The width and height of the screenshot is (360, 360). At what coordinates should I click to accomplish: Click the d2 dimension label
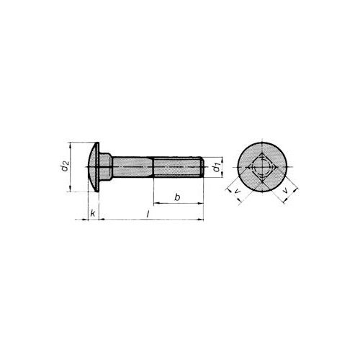65,166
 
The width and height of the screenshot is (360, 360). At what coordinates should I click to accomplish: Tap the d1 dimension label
217,167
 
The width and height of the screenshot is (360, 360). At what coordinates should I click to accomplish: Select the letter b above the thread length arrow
177,197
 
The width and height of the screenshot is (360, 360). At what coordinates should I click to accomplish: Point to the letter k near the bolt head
93,213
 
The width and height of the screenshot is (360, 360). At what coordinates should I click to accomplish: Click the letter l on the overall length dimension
148,215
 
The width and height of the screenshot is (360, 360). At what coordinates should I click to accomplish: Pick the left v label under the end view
237,192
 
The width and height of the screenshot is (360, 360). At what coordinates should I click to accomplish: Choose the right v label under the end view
285,191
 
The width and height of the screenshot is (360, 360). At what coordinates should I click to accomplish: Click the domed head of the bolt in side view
94,167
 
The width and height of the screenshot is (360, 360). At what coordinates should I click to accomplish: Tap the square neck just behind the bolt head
106,167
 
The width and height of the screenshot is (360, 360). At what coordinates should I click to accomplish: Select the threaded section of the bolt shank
177,167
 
